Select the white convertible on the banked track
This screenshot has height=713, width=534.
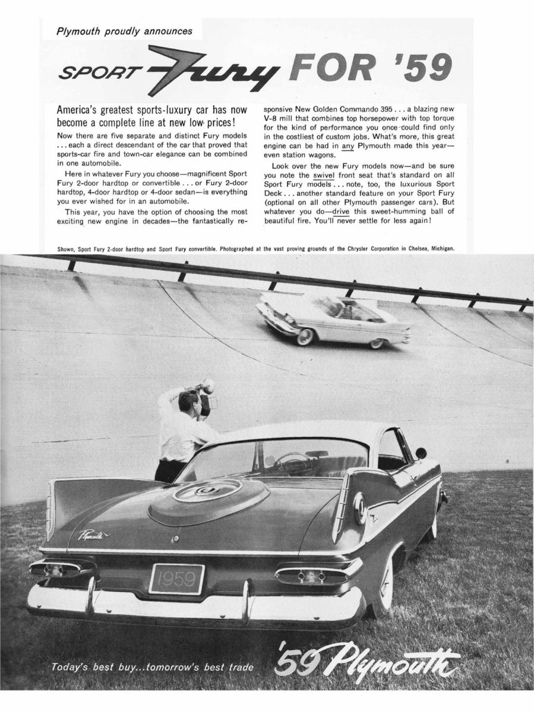point(333,321)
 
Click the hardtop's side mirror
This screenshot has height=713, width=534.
point(421,453)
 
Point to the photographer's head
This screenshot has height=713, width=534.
point(189,399)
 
